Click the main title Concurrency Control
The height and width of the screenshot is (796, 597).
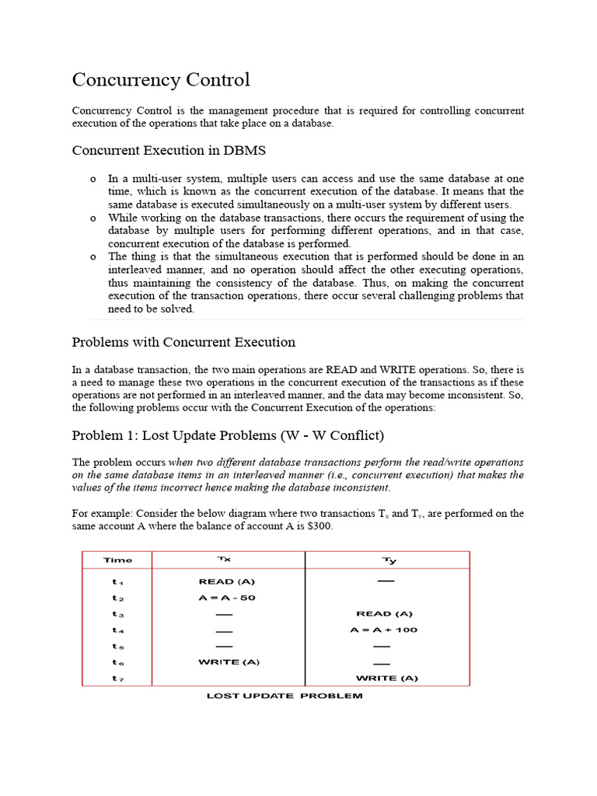pos(161,79)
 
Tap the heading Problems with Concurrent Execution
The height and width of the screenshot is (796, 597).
pos(183,342)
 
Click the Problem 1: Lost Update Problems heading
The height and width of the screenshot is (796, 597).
pos(228,434)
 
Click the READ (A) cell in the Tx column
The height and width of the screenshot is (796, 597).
pos(227,581)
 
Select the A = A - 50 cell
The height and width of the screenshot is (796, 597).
pos(227,598)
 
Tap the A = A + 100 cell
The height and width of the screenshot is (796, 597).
pos(384,630)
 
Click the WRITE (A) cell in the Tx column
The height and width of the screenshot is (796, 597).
pos(229,662)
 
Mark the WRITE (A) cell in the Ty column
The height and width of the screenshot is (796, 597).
pos(386,678)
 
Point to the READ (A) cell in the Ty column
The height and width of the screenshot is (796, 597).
pos(384,613)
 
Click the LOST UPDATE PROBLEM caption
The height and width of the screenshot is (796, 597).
pos(285,696)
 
